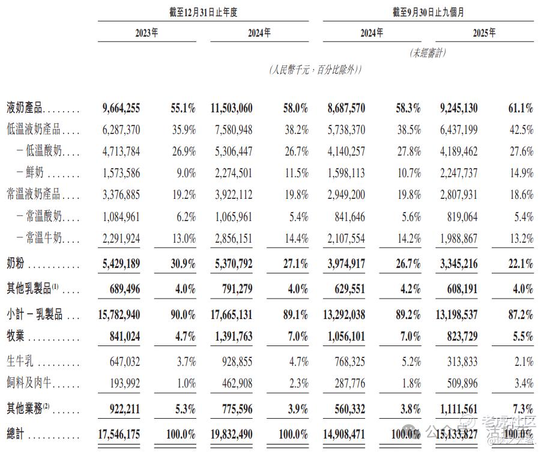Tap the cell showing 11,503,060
[x=232, y=108]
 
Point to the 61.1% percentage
[x=520, y=108]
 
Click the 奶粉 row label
[x=19, y=264]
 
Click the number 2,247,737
[x=455, y=173]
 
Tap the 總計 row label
[x=18, y=433]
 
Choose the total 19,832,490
[x=232, y=433]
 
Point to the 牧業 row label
[x=19, y=336]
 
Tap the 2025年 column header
[x=484, y=34]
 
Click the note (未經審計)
[x=428, y=53]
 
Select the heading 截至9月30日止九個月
[x=428, y=12]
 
